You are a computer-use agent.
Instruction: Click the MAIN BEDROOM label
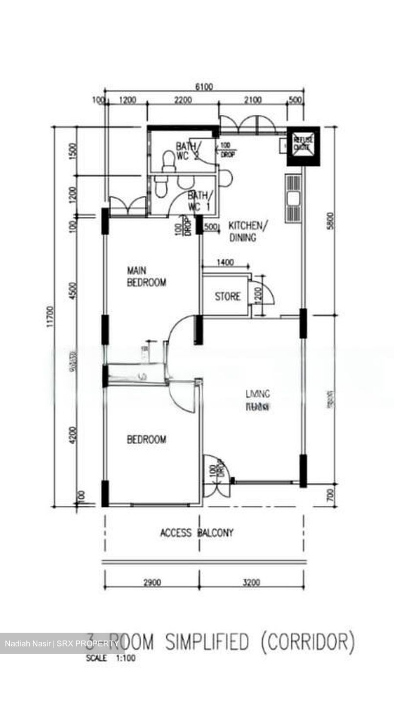pos(146,276)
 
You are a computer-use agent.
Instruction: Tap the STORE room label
pos(228,296)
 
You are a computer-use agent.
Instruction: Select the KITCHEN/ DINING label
pos(248,231)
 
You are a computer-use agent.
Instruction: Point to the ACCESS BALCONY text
pos(197,533)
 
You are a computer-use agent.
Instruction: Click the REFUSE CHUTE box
pos(303,146)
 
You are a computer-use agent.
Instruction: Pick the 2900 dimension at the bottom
pos(153,582)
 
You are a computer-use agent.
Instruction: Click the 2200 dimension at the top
pos(182,101)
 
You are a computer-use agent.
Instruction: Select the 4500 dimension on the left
pos(73,290)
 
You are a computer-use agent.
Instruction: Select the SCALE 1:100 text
pos(110,658)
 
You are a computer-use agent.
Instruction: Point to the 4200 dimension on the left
pos(73,434)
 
